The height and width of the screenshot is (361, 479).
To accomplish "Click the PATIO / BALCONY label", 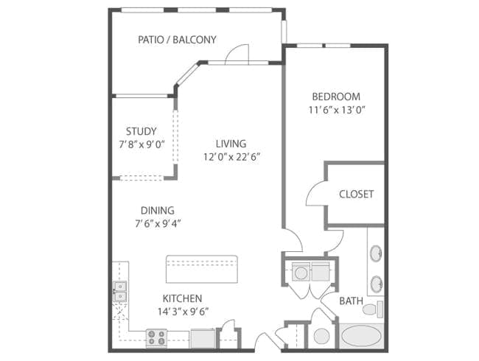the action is [x=177, y=40].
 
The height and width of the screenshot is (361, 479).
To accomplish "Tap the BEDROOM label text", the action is [x=336, y=97].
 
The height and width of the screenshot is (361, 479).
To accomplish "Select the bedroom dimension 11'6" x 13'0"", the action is [x=337, y=110].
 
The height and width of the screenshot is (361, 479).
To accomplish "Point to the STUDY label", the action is [x=141, y=131].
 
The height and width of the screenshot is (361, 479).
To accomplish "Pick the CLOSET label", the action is [x=356, y=194].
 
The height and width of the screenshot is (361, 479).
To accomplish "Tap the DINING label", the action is [x=157, y=211].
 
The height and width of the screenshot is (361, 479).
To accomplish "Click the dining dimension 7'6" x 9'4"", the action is [x=158, y=224].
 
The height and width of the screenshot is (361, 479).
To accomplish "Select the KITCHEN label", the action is [x=182, y=298].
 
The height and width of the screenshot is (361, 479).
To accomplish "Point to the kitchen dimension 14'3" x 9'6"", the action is [x=183, y=312].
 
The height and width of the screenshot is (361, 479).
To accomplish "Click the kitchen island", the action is [x=202, y=269].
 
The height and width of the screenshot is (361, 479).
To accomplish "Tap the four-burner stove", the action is [x=156, y=337].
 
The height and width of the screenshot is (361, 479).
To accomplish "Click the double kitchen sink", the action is [x=120, y=291].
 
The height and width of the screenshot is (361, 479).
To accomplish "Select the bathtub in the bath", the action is [x=361, y=336].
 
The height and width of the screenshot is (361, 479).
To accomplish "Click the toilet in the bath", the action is [x=373, y=309].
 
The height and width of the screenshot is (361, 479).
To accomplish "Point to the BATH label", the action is [x=352, y=301].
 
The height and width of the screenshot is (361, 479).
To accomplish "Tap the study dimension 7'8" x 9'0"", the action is [x=141, y=144].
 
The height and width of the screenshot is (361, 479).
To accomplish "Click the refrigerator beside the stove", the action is [x=203, y=338].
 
